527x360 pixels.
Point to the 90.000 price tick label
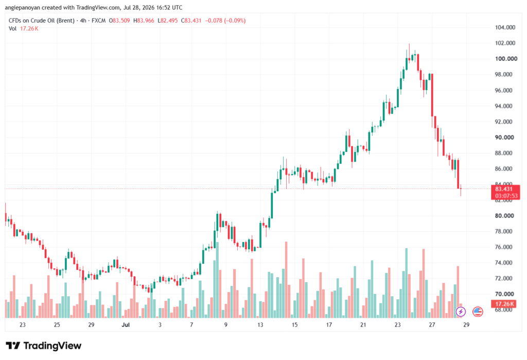click(x=504, y=138)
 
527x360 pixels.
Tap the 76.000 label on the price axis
click(x=503, y=247)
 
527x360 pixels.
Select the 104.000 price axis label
click(x=505, y=27)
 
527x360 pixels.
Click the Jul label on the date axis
click(x=126, y=324)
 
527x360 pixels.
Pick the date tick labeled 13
click(x=260, y=324)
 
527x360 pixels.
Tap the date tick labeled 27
click(x=432, y=324)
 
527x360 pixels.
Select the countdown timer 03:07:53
click(x=506, y=196)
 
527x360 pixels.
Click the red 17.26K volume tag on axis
click(x=504, y=304)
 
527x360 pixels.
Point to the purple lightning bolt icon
click(x=461, y=312)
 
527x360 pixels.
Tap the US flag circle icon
click(x=477, y=312)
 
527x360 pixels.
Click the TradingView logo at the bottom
click(x=44, y=346)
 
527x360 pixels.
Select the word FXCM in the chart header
click(x=98, y=21)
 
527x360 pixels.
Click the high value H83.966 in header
click(x=144, y=21)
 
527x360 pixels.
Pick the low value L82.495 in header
click(x=167, y=21)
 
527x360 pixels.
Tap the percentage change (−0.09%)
click(x=235, y=21)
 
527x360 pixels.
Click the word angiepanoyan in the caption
click(x=23, y=7)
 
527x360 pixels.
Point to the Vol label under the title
click(x=12, y=29)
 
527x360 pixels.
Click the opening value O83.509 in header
click(x=119, y=21)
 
